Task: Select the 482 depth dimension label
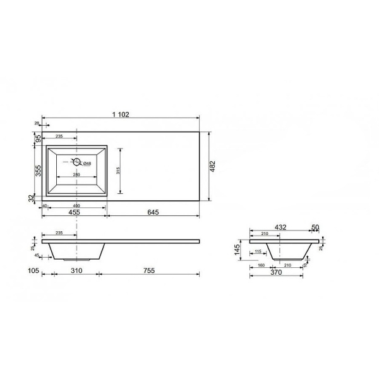click(213, 166)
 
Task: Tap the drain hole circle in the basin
click(76, 161)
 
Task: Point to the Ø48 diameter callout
click(87, 164)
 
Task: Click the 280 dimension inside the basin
click(76, 175)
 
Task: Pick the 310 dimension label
click(76, 270)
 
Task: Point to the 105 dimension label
click(34, 270)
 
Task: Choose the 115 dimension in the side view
click(258, 253)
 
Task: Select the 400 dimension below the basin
click(76, 206)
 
